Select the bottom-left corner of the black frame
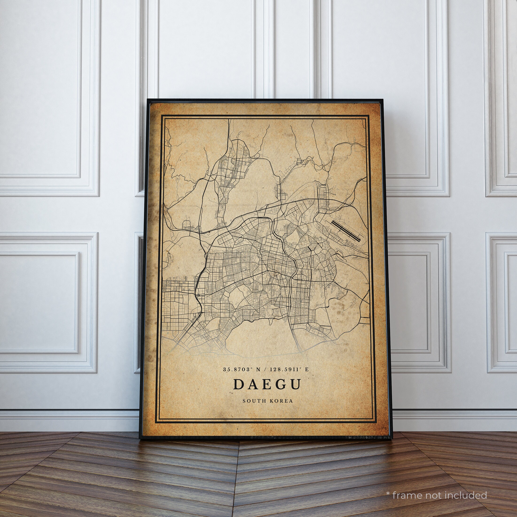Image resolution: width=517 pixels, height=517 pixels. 140,438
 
